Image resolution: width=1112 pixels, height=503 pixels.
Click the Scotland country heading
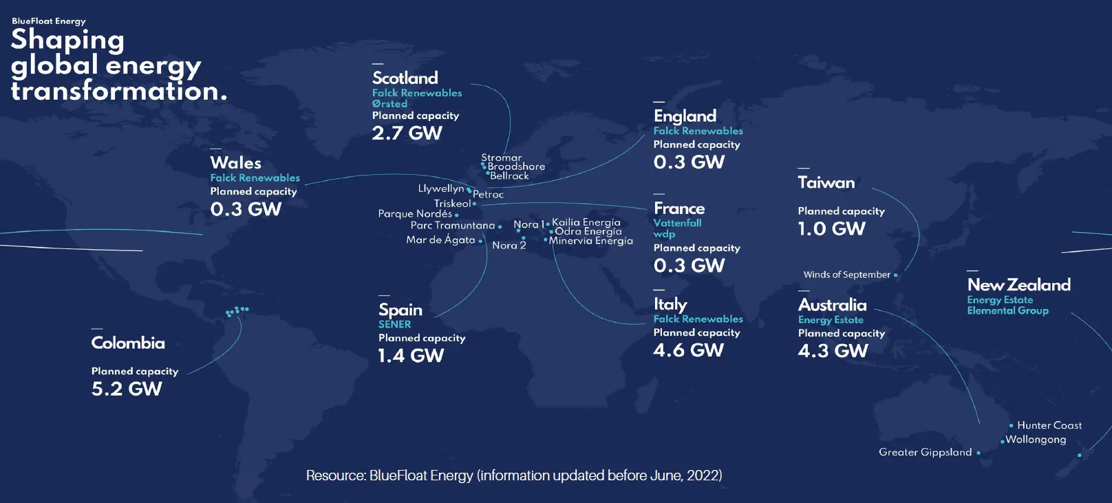[405, 78]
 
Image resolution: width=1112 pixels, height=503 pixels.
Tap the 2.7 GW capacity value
[407, 133]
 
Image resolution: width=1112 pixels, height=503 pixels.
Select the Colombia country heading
[128, 343]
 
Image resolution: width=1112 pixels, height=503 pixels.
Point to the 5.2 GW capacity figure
[127, 389]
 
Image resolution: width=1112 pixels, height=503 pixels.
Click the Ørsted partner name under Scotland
[389, 104]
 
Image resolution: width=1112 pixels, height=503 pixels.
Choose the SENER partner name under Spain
[395, 324]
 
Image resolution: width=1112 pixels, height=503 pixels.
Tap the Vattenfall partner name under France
[677, 223]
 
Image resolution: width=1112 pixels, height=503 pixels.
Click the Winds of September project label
[847, 275]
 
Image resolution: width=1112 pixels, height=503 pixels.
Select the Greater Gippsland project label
[926, 452]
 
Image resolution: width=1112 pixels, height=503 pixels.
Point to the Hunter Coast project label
[1049, 425]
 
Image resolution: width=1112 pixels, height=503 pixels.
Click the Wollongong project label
[1036, 440]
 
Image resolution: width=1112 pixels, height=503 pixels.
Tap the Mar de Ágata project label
[441, 240]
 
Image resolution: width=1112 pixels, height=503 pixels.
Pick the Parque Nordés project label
[415, 214]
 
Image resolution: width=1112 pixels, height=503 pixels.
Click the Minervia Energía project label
[590, 241]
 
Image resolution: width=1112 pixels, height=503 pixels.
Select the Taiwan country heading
[826, 183]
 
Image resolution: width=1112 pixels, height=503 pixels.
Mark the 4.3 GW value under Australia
[833, 351]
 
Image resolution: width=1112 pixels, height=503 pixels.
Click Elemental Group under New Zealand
[1007, 311]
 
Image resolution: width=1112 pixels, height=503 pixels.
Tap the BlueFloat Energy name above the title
[49, 21]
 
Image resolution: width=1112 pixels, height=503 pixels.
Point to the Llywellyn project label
[441, 189]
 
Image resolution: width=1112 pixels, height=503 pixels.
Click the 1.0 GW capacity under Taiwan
[831, 229]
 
